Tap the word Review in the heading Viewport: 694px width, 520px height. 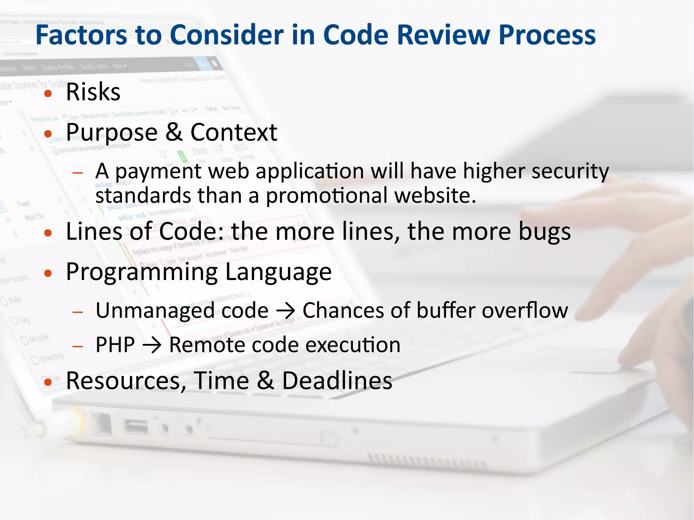click(x=444, y=35)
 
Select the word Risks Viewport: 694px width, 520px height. click(x=93, y=92)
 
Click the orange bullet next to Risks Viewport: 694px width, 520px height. click(x=48, y=93)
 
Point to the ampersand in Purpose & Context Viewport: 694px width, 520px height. click(x=174, y=132)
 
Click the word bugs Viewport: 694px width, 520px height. click(x=545, y=232)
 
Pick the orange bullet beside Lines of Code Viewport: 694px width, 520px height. click(x=48, y=233)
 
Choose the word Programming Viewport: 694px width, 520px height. click(x=142, y=272)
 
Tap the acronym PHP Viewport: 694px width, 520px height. click(x=115, y=345)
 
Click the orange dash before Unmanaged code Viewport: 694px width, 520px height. click(x=78, y=312)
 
